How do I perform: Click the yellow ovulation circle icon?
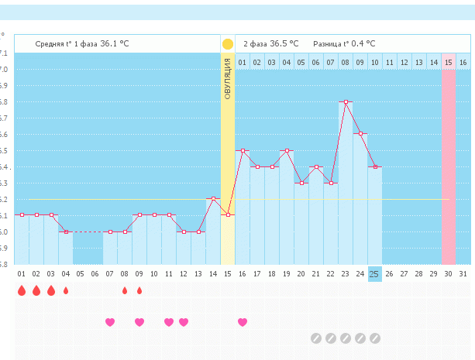click(228, 44)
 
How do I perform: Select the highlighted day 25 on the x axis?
click(375, 273)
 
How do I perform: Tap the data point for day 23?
click(346, 101)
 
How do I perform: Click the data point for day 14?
click(213, 199)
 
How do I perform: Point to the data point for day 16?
click(243, 150)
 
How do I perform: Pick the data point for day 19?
click(287, 150)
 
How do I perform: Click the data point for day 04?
click(66, 231)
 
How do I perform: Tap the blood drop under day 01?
click(22, 290)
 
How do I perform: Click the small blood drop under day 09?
click(139, 291)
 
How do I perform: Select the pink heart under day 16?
click(243, 321)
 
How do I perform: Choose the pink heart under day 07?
click(110, 321)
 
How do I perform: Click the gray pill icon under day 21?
click(316, 338)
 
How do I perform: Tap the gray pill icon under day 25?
click(375, 338)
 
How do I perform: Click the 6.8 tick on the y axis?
click(4, 101)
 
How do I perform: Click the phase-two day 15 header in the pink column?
click(448, 62)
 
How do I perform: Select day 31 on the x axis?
click(463, 273)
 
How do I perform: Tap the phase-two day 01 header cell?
click(243, 62)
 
